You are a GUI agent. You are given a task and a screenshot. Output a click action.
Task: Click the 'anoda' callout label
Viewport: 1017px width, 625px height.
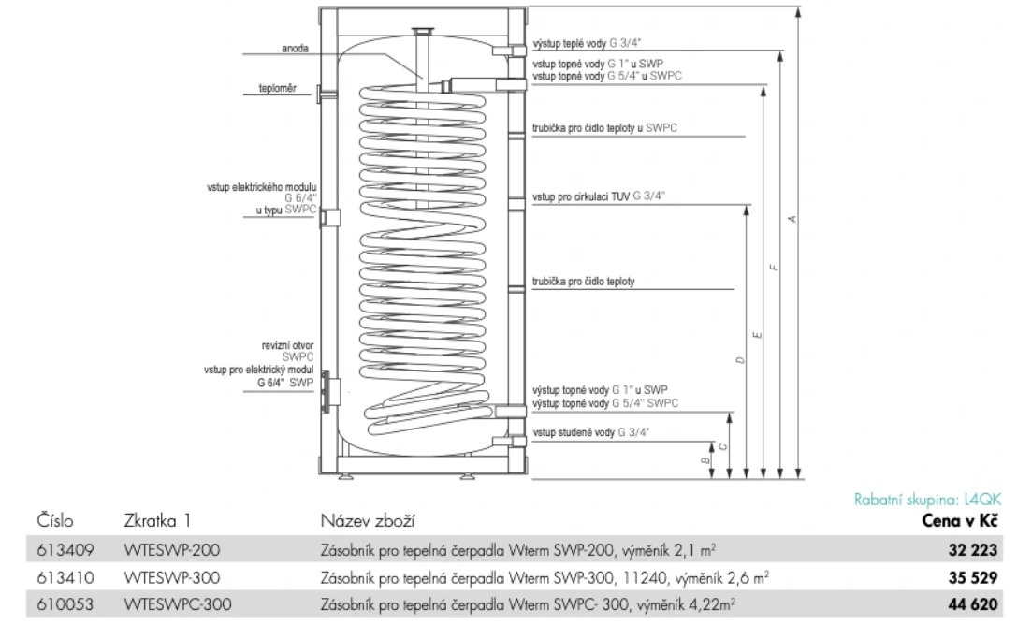(x=295, y=48)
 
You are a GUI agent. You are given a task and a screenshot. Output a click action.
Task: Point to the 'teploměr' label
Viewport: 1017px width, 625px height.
(x=278, y=89)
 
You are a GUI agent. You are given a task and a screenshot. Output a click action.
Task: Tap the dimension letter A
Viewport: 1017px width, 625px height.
(x=792, y=218)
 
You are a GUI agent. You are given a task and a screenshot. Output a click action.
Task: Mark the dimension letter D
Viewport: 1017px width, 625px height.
(x=739, y=360)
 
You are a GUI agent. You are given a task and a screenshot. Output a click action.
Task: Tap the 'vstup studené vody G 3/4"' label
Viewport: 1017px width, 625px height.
(x=590, y=431)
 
